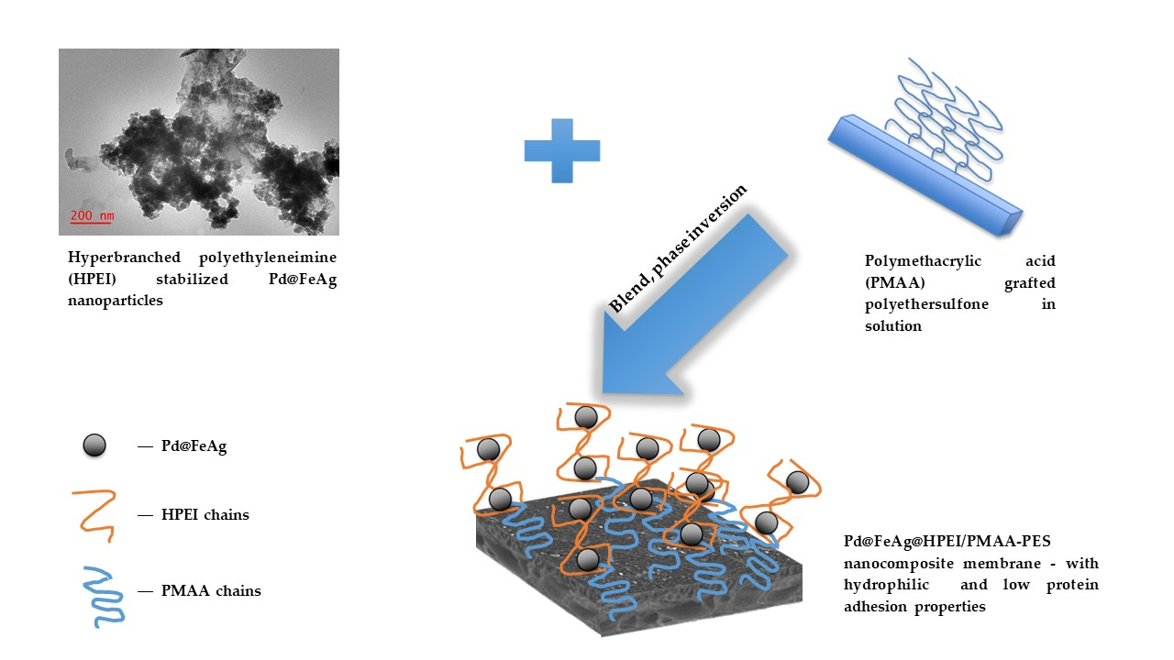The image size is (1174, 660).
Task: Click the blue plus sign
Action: pyautogui.click(x=561, y=150)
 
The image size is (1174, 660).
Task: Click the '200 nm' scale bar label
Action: pyautogui.click(x=93, y=215)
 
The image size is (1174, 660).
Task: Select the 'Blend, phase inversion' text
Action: pyautogui.click(x=678, y=248)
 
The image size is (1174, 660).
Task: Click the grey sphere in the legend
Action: pyautogui.click(x=94, y=445)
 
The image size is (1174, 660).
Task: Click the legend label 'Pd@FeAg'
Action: pyautogui.click(x=194, y=447)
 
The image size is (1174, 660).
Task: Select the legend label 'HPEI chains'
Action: pyautogui.click(x=205, y=515)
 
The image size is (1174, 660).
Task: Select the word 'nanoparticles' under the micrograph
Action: pyautogui.click(x=115, y=300)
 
